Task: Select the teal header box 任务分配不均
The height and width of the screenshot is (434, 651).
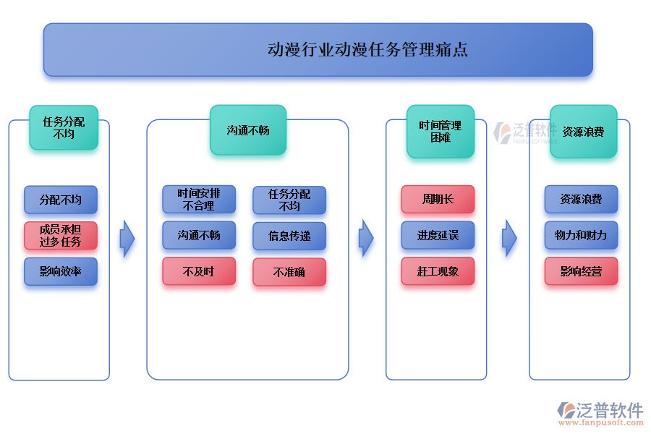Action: [64, 127]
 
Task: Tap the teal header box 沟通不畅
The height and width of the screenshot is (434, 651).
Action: [248, 130]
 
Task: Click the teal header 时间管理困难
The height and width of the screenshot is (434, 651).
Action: [440, 131]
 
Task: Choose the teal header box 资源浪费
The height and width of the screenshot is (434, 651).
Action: [583, 132]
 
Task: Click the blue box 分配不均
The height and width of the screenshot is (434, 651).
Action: [60, 200]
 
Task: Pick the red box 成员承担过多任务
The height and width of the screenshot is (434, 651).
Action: [60, 235]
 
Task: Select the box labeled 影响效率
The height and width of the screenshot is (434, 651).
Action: [60, 272]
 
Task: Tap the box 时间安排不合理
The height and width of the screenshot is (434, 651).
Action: [199, 200]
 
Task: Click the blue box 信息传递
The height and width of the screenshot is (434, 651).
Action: [289, 236]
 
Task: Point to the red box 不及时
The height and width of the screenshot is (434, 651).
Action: [199, 271]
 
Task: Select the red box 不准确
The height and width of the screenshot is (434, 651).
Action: [289, 272]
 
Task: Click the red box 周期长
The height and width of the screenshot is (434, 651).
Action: [438, 199]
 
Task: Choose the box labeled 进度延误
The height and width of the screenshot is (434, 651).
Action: [438, 235]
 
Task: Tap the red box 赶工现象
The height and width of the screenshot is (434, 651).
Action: [438, 271]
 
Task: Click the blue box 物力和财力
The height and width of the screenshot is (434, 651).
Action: [581, 235]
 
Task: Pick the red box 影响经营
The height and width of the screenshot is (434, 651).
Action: [581, 271]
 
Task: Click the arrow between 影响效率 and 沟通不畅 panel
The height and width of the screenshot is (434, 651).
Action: [127, 238]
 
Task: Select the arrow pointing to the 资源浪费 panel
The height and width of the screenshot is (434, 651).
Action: [510, 238]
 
